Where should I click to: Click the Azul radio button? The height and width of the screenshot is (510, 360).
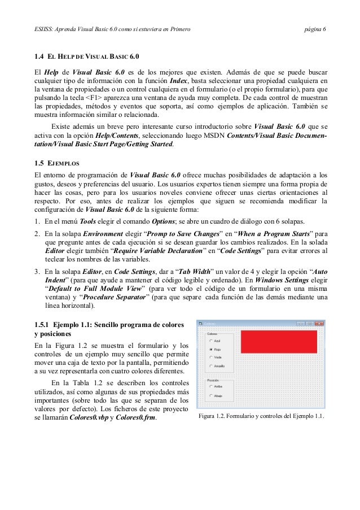tap(210, 341)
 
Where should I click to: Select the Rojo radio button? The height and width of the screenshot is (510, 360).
tap(210, 350)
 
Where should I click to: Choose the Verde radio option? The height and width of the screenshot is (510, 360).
tap(210, 358)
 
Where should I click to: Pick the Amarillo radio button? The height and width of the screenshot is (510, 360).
tap(210, 367)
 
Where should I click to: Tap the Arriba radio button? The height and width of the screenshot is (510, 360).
tap(210, 388)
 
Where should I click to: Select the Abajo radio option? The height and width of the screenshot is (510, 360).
tap(210, 396)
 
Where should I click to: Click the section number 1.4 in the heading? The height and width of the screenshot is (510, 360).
tap(39, 57)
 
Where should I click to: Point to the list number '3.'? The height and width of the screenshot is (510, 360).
tap(37, 271)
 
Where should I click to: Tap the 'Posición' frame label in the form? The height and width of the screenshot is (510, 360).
tap(213, 381)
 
